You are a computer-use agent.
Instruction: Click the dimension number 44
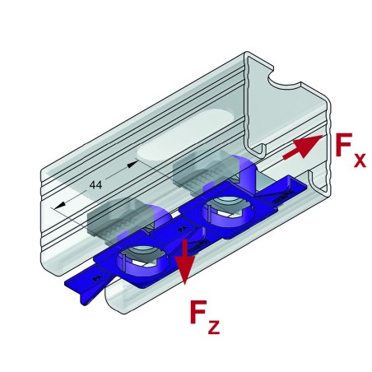point(95,186)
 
